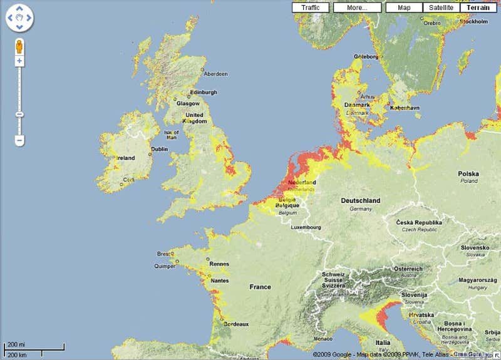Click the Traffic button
tap(310, 8)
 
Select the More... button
tap(357, 8)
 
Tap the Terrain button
tap(478, 8)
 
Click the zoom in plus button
tap(19, 61)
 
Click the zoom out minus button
tap(19, 141)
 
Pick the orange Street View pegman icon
tap(19, 47)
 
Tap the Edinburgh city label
tap(204, 92)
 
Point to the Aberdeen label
tap(215, 74)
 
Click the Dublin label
tap(160, 149)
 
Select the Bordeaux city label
tap(236, 324)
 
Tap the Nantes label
tap(219, 281)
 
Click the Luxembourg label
tap(306, 227)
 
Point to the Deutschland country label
tap(360, 200)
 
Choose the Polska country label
tap(468, 173)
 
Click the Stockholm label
tap(473, 21)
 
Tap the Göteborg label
tap(366, 56)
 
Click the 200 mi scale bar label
tap(15, 345)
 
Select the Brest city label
tap(164, 254)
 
